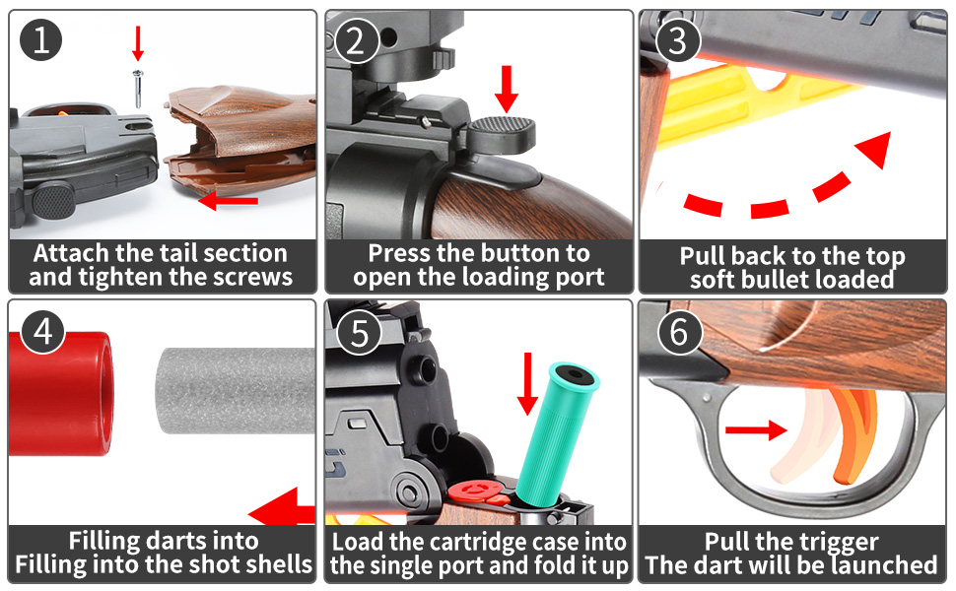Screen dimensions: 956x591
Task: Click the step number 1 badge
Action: [40, 40]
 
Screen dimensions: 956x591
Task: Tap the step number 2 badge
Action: [356, 40]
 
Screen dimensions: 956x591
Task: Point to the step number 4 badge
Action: [40, 332]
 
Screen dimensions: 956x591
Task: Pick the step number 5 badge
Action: [358, 332]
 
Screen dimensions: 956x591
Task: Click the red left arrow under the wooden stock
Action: [228, 202]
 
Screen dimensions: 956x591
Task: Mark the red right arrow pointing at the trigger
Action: [756, 429]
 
